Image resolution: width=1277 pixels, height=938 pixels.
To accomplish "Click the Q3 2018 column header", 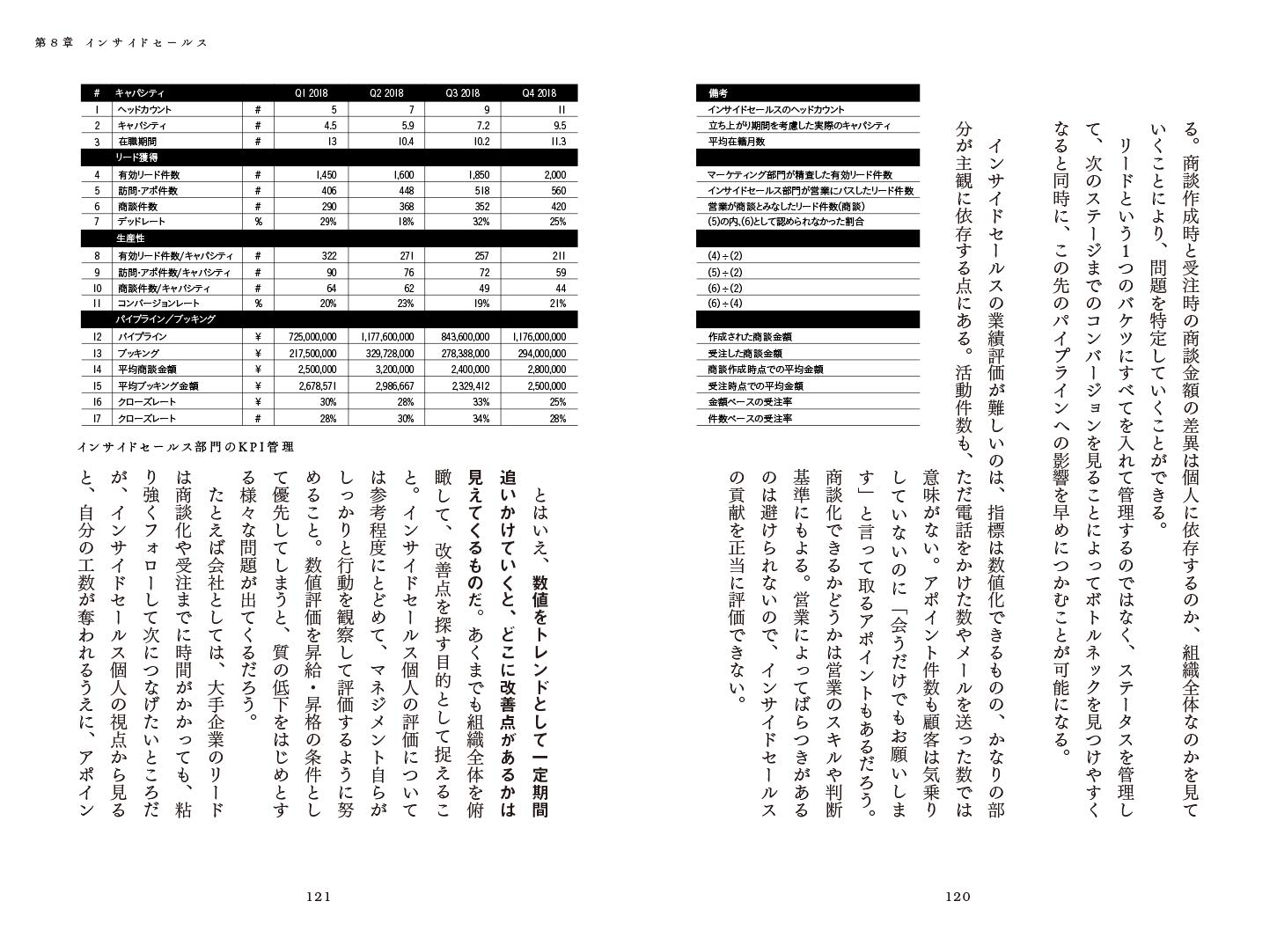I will [462, 93].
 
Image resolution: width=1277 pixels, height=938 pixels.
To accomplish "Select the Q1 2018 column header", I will [312, 93].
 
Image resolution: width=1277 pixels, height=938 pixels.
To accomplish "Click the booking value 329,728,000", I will [387, 353].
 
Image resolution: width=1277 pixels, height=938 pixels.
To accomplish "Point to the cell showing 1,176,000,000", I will [539, 337].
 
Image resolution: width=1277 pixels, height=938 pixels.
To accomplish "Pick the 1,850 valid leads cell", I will [463, 175].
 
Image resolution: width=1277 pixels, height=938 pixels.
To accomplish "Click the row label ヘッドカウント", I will [145, 110].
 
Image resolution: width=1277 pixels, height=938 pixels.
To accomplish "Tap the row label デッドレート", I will [142, 222].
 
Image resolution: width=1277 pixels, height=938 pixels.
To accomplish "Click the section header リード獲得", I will [136, 157].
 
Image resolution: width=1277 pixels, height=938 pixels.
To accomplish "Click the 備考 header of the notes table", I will [717, 93].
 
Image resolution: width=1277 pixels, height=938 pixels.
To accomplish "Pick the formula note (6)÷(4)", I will [725, 304].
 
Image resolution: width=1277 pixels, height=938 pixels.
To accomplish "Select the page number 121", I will [317, 898].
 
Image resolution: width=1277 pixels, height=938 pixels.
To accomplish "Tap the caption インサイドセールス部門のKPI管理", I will [184, 446].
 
